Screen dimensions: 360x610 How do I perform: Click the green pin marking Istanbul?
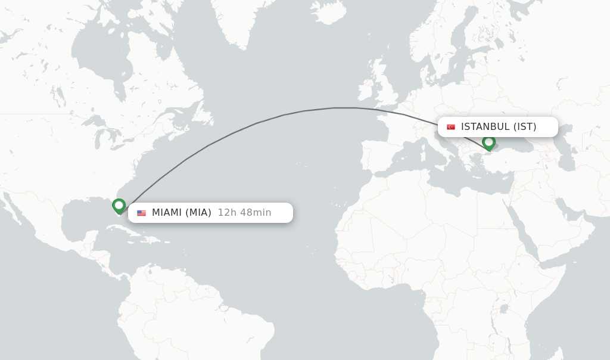pyautogui.click(x=488, y=142)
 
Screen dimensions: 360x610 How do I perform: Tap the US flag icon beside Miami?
pyautogui.click(x=141, y=213)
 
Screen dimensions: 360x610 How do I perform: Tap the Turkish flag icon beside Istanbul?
pyautogui.click(x=451, y=127)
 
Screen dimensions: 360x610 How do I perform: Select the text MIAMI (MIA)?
pyautogui.click(x=182, y=213)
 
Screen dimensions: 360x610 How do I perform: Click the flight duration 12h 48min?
pyautogui.click(x=244, y=213)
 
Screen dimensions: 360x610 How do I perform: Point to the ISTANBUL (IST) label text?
pyautogui.click(x=499, y=127)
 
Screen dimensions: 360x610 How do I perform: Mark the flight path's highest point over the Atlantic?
pyautogui.click(x=346, y=108)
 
